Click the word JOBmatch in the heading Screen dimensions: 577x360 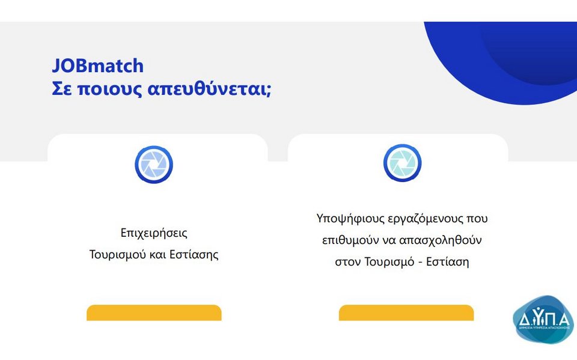coord(97,66)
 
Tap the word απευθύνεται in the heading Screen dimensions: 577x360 coord(209,89)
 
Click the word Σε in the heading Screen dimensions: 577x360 coord(61,89)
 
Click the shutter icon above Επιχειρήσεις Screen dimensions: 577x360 coord(154,165)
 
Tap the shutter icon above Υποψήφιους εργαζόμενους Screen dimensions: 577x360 coord(403,163)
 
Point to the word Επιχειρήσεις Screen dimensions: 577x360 coord(154,233)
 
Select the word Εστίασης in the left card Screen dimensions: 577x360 coord(194,255)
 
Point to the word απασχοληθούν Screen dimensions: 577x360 coord(440,240)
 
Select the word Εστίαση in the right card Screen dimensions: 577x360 coord(447,262)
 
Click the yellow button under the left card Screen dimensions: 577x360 coord(154,313)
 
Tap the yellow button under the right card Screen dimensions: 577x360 coord(406,313)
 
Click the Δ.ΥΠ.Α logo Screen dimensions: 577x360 coord(543,320)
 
